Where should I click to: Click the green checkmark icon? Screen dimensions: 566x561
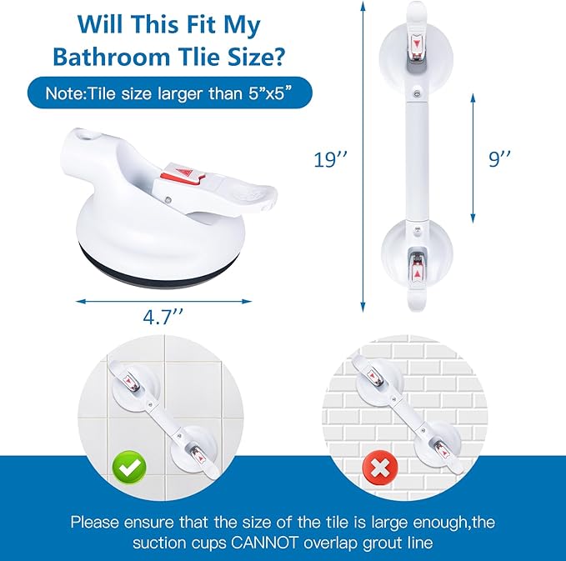point(129,468)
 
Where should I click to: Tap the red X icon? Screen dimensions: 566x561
point(380,468)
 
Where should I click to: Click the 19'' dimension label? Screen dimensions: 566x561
point(331,159)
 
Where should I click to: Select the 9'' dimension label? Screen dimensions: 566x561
point(500,158)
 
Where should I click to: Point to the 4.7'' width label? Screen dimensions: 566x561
point(163,317)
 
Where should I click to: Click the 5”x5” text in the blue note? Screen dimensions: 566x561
point(269,94)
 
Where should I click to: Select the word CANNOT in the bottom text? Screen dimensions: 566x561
point(264,543)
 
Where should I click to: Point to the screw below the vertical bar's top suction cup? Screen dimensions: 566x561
point(418,94)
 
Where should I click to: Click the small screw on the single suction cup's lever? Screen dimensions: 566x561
point(168,199)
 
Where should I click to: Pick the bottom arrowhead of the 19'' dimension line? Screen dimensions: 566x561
point(363,308)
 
